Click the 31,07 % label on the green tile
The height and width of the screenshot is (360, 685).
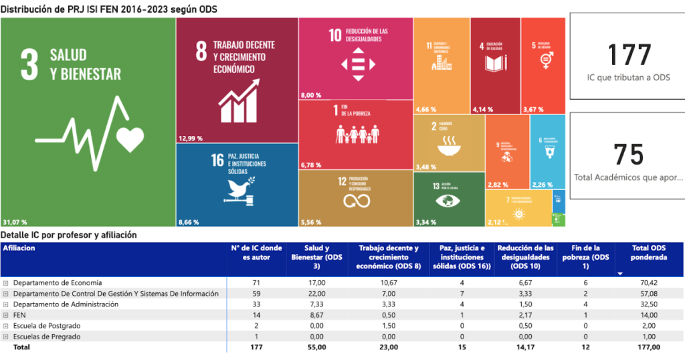[x=14, y=221]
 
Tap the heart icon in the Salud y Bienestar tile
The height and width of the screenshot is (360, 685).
[x=130, y=139]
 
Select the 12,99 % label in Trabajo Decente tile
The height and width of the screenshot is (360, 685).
[x=191, y=139]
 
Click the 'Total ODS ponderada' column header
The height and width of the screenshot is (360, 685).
[x=648, y=252]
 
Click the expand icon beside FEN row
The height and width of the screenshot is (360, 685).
[x=5, y=315]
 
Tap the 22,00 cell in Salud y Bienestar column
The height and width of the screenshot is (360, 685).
[x=315, y=294]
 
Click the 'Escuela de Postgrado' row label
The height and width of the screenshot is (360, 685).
[x=47, y=326]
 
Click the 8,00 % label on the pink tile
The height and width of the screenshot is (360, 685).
[x=312, y=95]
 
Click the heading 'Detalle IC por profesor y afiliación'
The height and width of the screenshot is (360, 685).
[x=68, y=235]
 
